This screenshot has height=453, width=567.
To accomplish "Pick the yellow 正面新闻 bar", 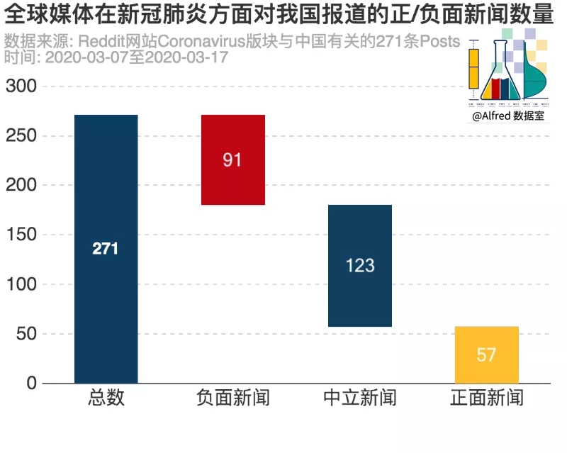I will click(486, 354).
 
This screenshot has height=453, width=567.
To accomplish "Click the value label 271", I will click(106, 249).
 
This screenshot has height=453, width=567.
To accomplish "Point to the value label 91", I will click(232, 160).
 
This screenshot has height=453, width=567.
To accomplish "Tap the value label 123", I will click(359, 266).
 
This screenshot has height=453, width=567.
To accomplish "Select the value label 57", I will click(486, 354).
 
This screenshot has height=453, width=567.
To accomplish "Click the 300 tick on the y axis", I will click(21, 86).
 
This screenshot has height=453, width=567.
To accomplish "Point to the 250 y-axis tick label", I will click(21, 136).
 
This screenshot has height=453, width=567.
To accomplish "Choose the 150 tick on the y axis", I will click(21, 235).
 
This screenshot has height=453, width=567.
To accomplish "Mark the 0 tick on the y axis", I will click(30, 384).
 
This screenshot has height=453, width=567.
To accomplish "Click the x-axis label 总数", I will click(106, 398).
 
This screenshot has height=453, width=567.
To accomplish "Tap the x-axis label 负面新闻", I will click(232, 398).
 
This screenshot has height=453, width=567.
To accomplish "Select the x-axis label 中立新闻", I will click(359, 398).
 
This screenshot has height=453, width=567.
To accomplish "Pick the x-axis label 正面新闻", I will click(486, 398).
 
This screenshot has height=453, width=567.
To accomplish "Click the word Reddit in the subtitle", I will click(108, 40).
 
